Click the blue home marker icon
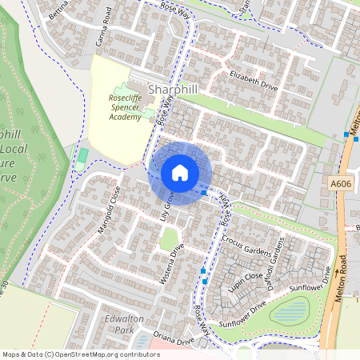[x=180, y=173]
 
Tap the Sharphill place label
[x=173, y=90]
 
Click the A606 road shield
[x=342, y=183]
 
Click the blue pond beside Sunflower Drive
[x=290, y=309]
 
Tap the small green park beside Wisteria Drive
[x=169, y=238]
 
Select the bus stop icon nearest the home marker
[x=205, y=192]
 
